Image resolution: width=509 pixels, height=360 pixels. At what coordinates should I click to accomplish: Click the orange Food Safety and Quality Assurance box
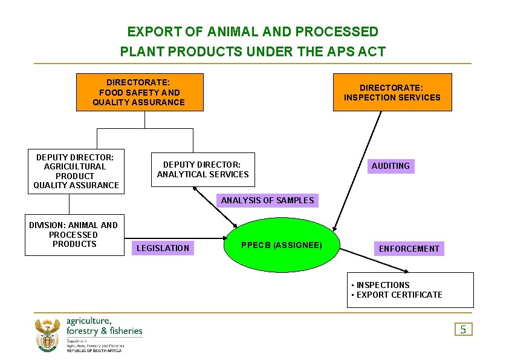[x=139, y=92]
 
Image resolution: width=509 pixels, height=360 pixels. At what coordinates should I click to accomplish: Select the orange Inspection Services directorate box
[x=392, y=92]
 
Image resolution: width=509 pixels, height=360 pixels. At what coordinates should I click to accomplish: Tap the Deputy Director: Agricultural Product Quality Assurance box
[x=76, y=171]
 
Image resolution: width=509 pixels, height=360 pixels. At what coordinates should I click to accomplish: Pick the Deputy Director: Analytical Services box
[x=203, y=169]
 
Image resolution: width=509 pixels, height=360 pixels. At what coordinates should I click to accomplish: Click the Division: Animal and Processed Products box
[x=74, y=234]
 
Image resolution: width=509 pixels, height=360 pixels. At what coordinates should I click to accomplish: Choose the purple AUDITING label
[x=391, y=166]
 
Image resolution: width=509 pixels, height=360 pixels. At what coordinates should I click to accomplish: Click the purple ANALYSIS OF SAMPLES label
[x=267, y=200]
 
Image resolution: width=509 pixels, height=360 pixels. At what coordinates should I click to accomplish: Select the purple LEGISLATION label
[x=163, y=248]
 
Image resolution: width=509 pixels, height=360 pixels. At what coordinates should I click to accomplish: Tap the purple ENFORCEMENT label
[x=409, y=249]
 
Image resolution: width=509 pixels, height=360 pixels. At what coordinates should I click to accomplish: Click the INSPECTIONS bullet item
[x=383, y=285]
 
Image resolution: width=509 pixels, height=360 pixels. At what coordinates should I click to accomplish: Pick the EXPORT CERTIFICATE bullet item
[x=399, y=295]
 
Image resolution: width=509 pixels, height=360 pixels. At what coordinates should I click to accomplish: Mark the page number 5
[x=463, y=329]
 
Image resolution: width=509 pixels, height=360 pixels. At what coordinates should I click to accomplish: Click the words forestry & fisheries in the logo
[x=105, y=331]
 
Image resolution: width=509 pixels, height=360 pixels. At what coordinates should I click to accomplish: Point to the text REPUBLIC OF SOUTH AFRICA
[x=94, y=351]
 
